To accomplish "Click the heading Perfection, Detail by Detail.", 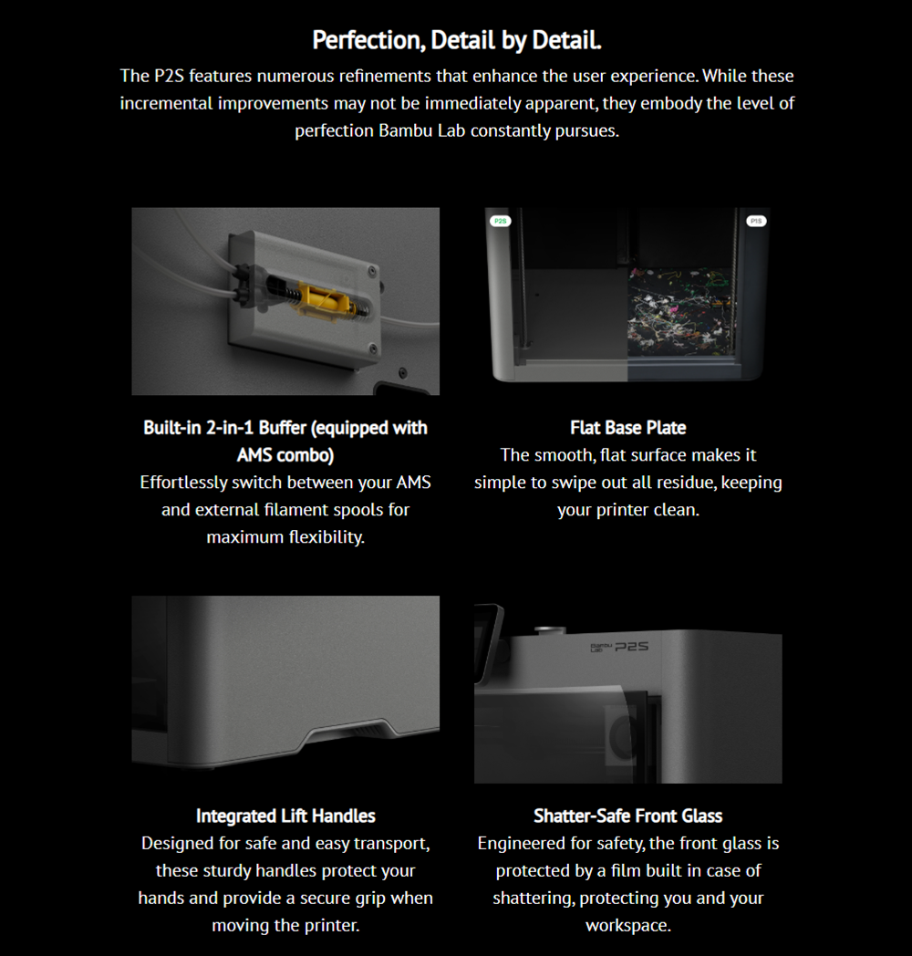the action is (457, 40).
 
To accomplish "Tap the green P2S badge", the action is (501, 221).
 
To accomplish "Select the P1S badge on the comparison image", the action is (756, 221).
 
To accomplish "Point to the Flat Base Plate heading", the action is (628, 428).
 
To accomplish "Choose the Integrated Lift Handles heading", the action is (285, 816).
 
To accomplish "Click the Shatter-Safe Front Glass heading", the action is (628, 816).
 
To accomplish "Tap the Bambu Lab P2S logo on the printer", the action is (619, 646).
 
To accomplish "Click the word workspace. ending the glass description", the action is (628, 926).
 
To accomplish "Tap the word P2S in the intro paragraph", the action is (169, 76).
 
